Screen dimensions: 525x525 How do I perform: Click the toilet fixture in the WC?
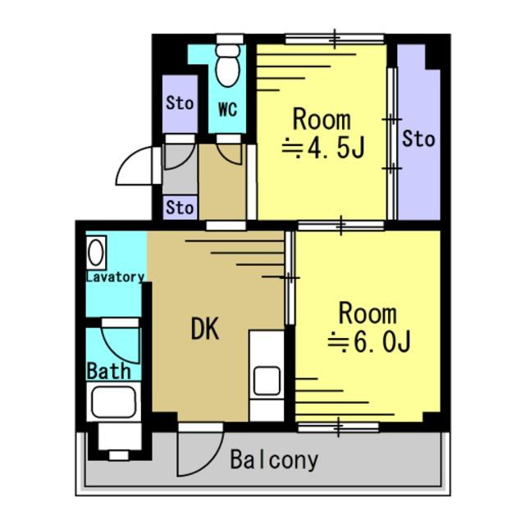(x=228, y=66)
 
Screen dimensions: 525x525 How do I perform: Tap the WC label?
(x=228, y=109)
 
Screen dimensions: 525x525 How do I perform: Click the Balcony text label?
(x=274, y=461)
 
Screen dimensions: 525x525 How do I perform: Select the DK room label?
(x=205, y=328)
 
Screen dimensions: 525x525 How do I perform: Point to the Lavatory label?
(x=115, y=277)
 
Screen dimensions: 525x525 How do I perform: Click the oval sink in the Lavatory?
(x=96, y=253)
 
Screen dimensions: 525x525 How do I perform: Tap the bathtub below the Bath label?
(x=114, y=402)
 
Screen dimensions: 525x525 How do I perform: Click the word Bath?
(x=108, y=372)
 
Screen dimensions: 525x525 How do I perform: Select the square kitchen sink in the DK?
(x=267, y=381)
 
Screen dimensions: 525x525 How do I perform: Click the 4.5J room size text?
(x=323, y=148)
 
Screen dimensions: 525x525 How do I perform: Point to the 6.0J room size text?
(x=369, y=342)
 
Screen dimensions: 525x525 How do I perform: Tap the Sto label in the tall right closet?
(x=418, y=139)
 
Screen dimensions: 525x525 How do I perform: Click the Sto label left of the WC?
(x=180, y=103)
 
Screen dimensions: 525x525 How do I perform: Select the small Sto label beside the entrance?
(x=180, y=208)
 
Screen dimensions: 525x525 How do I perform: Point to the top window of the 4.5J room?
(x=335, y=39)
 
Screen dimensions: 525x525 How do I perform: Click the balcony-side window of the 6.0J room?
(x=338, y=427)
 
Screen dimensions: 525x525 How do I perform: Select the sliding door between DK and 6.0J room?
(x=290, y=277)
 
